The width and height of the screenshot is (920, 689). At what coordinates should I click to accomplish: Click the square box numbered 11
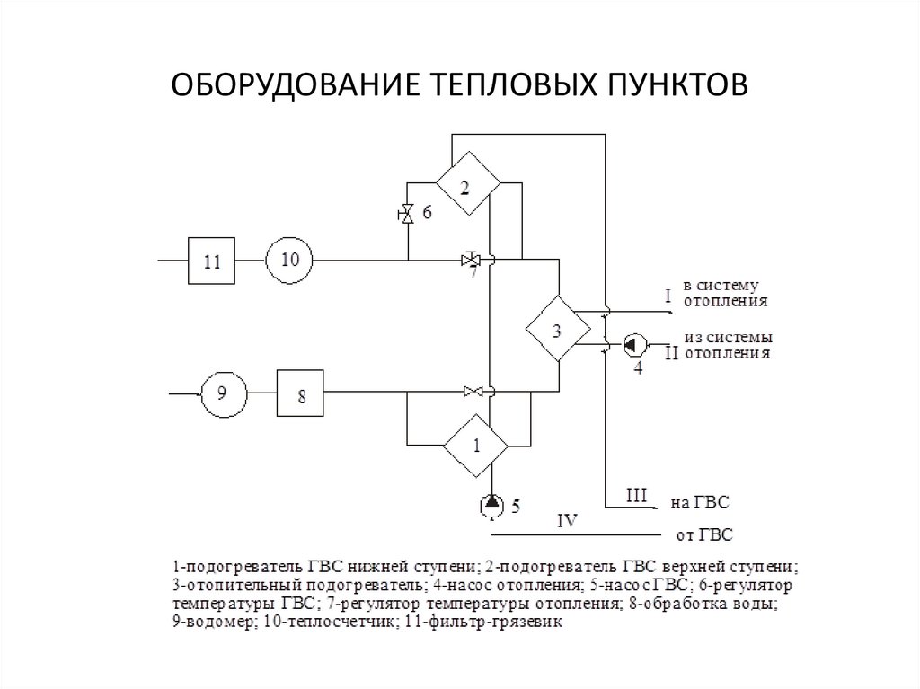point(211,261)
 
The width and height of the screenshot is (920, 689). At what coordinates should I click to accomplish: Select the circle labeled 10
point(288,261)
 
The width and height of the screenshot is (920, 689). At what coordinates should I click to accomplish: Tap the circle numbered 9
point(222,393)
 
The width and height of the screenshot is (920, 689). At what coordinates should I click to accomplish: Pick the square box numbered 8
point(300,393)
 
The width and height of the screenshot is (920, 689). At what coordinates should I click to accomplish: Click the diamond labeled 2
point(467,184)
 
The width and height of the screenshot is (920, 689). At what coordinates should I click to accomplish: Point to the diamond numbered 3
point(557,329)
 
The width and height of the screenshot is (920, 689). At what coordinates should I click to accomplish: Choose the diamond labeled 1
point(476,445)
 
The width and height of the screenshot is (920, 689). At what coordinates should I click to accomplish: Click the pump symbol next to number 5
point(491,505)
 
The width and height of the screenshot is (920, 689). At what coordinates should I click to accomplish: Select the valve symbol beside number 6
point(407,214)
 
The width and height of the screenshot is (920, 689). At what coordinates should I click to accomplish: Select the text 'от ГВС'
point(704,536)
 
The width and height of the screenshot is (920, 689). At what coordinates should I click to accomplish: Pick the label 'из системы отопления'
point(728,346)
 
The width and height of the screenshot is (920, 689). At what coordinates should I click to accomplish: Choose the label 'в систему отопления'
point(726,294)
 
